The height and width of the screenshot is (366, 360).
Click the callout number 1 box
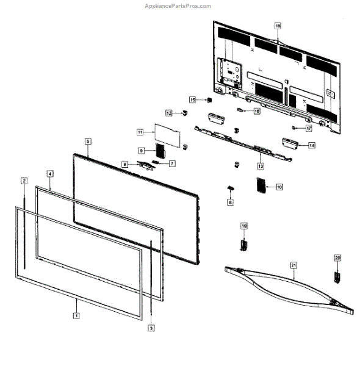(x=76, y=316)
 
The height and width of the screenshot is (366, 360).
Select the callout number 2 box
(x=24, y=181)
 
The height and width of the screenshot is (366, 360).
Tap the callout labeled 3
(x=151, y=328)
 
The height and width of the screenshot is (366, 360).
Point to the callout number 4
(x=50, y=173)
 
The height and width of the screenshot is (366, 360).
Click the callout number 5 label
(x=88, y=141)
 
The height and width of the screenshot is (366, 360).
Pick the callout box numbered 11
(x=139, y=132)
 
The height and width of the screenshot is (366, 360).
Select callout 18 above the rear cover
(x=278, y=26)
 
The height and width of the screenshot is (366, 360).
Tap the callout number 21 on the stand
(x=293, y=265)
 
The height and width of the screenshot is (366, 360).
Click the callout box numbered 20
(x=336, y=258)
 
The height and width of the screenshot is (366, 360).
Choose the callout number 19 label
(x=243, y=226)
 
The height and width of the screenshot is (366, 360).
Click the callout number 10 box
(x=279, y=187)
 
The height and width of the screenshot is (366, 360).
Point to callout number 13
(x=260, y=166)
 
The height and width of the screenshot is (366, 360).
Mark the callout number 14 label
(x=312, y=146)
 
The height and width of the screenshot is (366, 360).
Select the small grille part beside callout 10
(x=261, y=185)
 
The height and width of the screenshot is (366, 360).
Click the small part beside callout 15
(x=209, y=100)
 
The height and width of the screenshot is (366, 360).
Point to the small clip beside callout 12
(x=185, y=113)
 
